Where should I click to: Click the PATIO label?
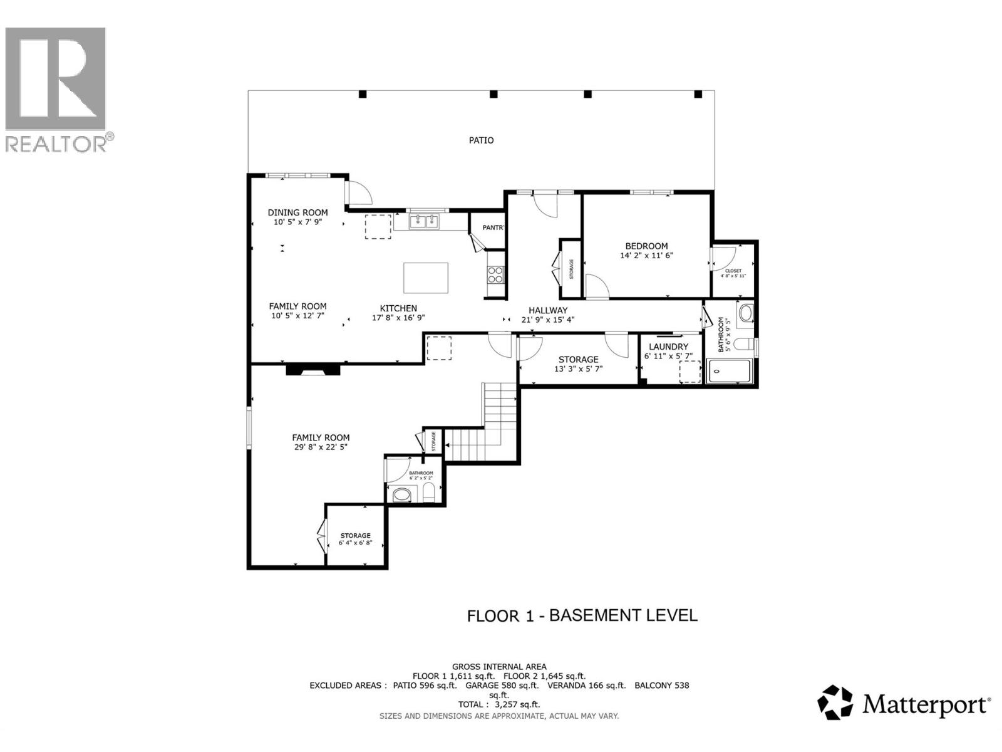tap(481, 140)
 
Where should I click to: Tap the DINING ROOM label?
tap(297, 212)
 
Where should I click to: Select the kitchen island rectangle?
tap(426, 278)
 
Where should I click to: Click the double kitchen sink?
tap(425, 221)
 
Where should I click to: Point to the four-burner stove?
tap(495, 275)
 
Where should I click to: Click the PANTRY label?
tap(493, 227)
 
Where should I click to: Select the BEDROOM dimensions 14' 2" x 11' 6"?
tap(646, 256)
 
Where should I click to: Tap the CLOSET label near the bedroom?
tap(733, 271)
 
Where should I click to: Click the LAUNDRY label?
tap(668, 347)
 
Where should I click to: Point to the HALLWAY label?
tap(547, 310)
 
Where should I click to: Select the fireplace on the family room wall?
tap(312, 370)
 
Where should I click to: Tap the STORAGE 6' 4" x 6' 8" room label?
tap(355, 536)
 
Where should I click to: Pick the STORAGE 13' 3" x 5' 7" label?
tap(578, 360)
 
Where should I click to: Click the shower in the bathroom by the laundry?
tap(731, 371)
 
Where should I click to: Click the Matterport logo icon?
tap(835, 702)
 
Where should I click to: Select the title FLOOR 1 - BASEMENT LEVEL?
tap(582, 615)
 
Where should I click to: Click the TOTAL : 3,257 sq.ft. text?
tap(498, 704)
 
